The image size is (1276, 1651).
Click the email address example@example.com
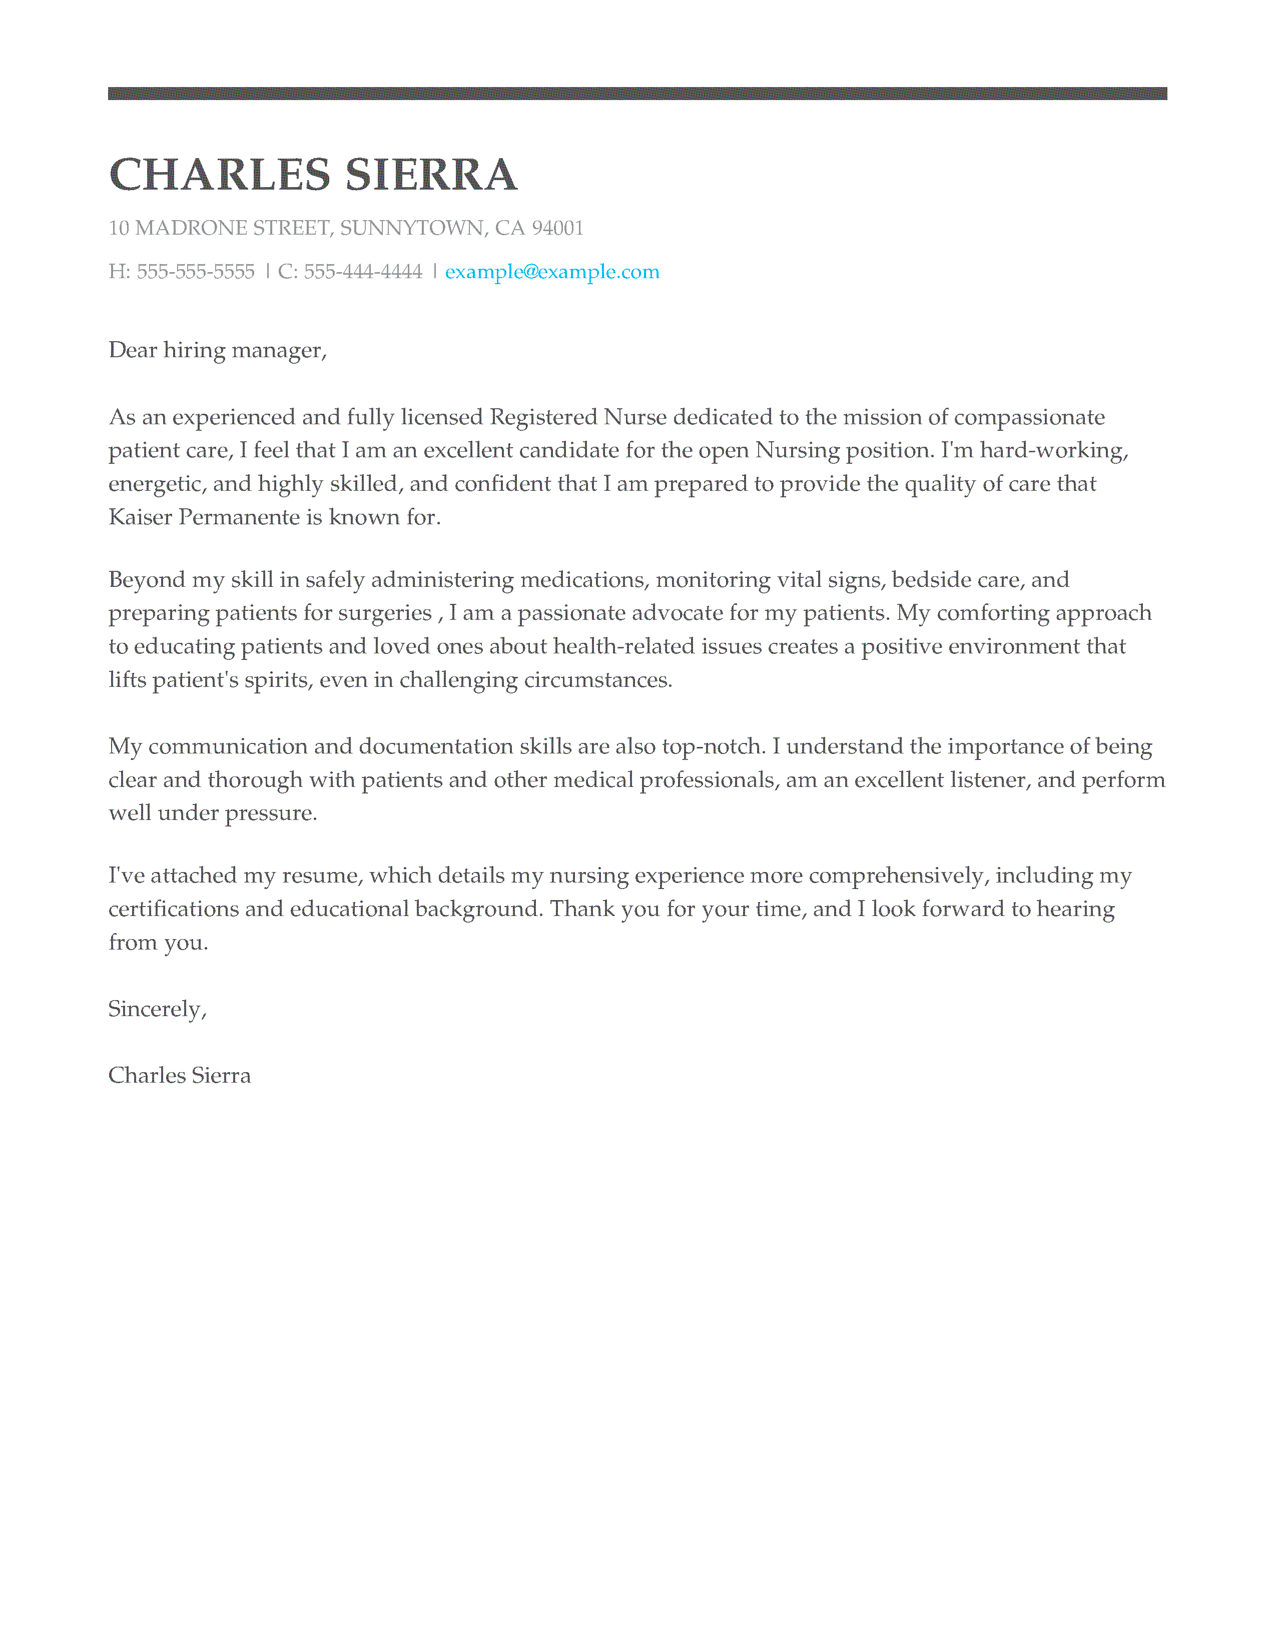coord(552,272)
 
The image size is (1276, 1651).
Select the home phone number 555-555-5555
coord(196,272)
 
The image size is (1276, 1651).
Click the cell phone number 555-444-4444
coord(363,272)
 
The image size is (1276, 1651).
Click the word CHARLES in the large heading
coord(220,176)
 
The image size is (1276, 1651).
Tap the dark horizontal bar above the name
coord(637,94)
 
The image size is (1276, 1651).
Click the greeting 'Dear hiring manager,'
coord(218,351)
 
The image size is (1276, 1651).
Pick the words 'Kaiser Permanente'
coord(204,517)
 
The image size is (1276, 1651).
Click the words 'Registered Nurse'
coord(578,417)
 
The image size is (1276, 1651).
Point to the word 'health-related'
coord(623,647)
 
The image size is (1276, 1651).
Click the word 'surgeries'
coord(385,613)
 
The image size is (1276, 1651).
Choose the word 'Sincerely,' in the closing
coord(157,1009)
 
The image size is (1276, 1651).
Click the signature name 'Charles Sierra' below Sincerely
coord(179,1076)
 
